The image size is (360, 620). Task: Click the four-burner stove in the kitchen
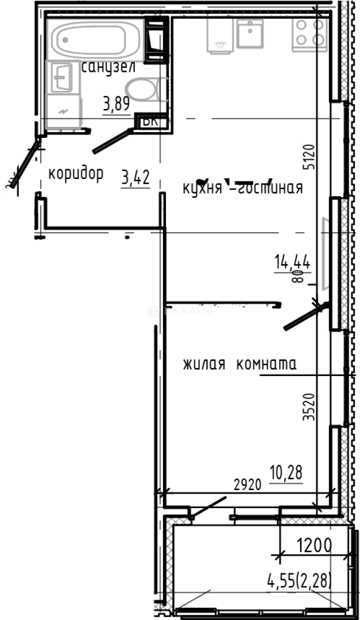click(x=309, y=32)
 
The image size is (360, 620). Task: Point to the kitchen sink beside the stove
click(x=250, y=33)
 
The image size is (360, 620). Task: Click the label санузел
click(x=109, y=67)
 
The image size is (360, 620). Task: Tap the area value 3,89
click(x=116, y=104)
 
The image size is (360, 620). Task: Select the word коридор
click(x=75, y=173)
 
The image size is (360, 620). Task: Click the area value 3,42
click(x=136, y=178)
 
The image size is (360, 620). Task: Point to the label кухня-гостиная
click(x=242, y=188)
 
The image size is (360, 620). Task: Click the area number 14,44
click(x=292, y=263)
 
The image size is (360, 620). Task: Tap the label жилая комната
click(x=239, y=364)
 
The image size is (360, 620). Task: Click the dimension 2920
click(x=247, y=483)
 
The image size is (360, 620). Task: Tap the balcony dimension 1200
click(x=314, y=544)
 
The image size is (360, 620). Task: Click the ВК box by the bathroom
click(x=150, y=121)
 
